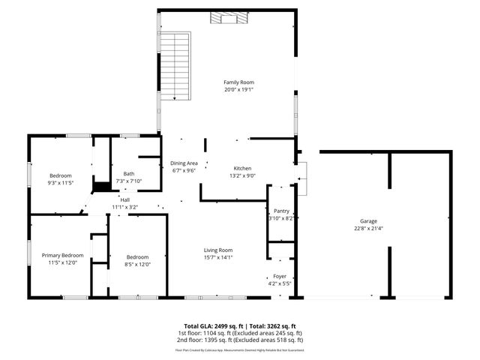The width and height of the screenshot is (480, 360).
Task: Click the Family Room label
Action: pos(235,82)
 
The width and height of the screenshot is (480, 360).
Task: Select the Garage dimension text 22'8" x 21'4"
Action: pos(367,228)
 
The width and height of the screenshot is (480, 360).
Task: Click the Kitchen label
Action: pos(242,169)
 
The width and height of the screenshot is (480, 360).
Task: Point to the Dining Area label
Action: pos(184,163)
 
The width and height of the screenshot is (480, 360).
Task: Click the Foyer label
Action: pos(280,277)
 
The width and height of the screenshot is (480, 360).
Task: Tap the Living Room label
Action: pos(219,250)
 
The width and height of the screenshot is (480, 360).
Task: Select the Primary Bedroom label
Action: pos(62,256)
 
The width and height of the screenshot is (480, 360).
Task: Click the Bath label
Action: pos(129,174)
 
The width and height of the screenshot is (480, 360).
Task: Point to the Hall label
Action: pos(124,199)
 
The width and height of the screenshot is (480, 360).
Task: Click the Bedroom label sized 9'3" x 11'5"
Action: pos(60,175)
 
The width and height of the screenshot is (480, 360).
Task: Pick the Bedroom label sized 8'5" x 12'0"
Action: pos(137,256)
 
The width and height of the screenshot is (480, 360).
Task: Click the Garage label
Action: pos(367,221)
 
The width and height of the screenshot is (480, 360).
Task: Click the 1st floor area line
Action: pos(239,333)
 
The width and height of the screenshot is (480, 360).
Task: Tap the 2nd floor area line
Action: pos(239,339)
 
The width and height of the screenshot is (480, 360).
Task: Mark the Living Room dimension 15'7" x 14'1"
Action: pos(219,257)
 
